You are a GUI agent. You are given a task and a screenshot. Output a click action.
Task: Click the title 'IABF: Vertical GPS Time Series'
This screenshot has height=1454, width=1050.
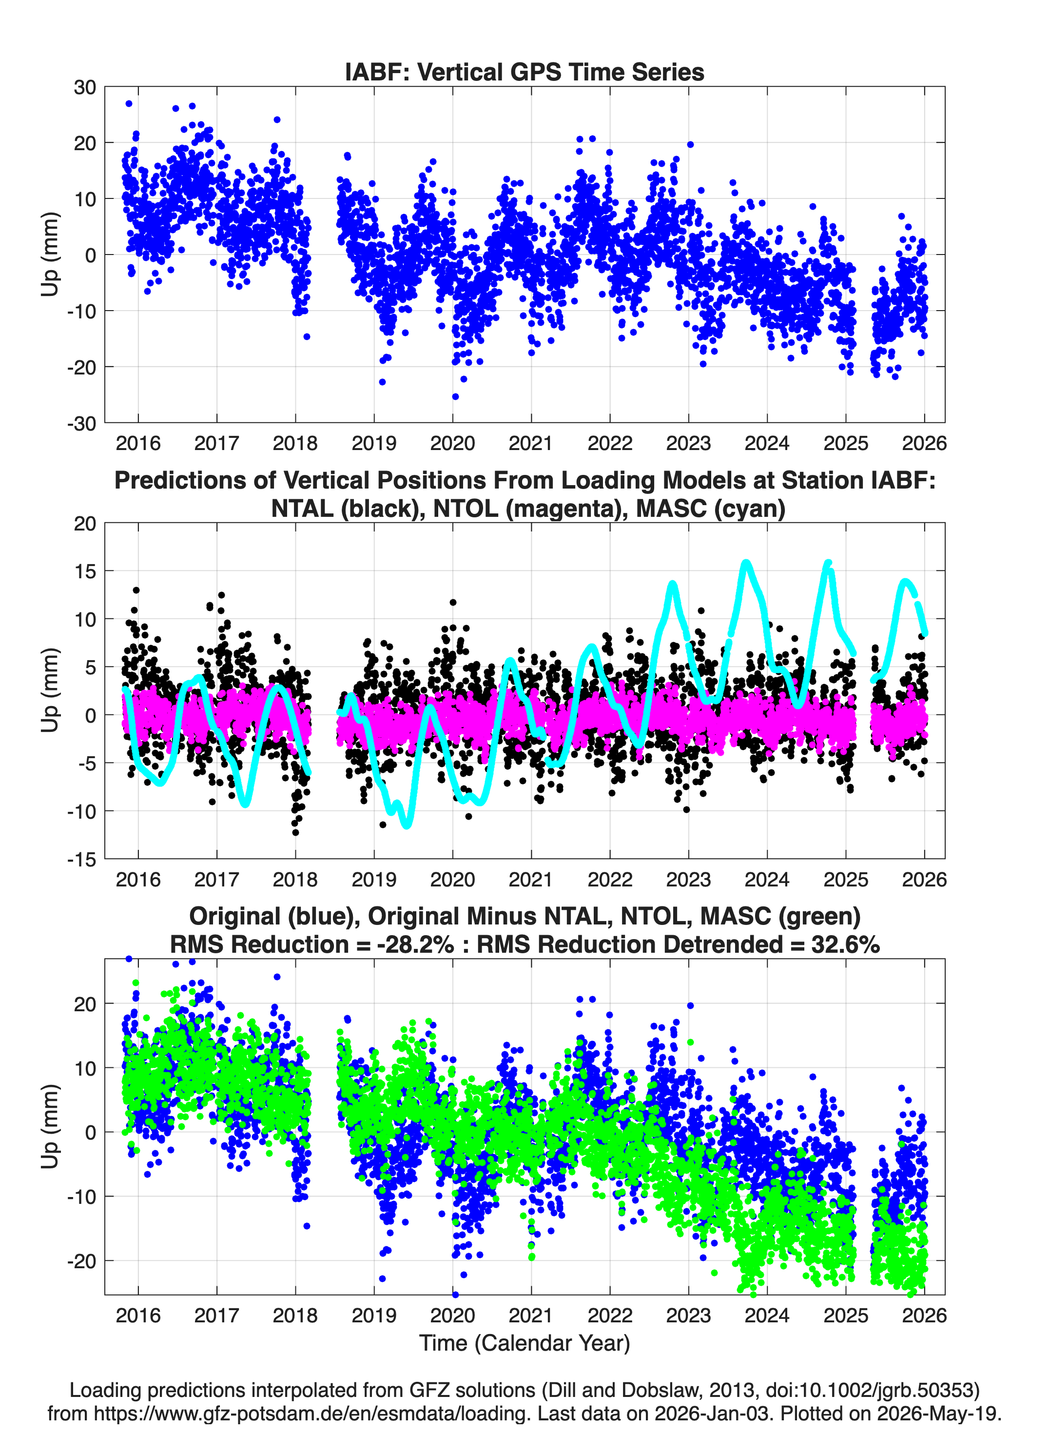tap(525, 72)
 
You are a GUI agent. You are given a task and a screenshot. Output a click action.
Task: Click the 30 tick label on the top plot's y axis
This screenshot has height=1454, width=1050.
tap(85, 87)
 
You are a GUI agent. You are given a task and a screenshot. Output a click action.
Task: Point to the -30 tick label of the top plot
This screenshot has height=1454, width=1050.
tap(81, 424)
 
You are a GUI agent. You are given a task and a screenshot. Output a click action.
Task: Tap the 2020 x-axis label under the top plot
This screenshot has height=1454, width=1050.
tap(452, 443)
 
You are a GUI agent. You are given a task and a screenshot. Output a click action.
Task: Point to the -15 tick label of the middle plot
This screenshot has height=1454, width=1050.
tap(81, 860)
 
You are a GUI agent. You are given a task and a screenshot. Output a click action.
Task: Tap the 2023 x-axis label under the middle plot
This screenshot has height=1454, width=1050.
tap(688, 879)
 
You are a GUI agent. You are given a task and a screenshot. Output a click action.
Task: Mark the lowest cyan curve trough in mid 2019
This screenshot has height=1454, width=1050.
tap(407, 825)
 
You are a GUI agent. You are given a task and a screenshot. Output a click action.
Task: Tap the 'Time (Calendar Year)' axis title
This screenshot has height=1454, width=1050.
tap(525, 1343)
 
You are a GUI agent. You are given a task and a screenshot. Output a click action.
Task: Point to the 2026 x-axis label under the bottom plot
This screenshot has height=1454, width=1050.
tap(924, 1316)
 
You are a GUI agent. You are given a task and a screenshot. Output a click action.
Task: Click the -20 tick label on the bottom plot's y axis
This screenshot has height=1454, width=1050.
tap(81, 1261)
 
